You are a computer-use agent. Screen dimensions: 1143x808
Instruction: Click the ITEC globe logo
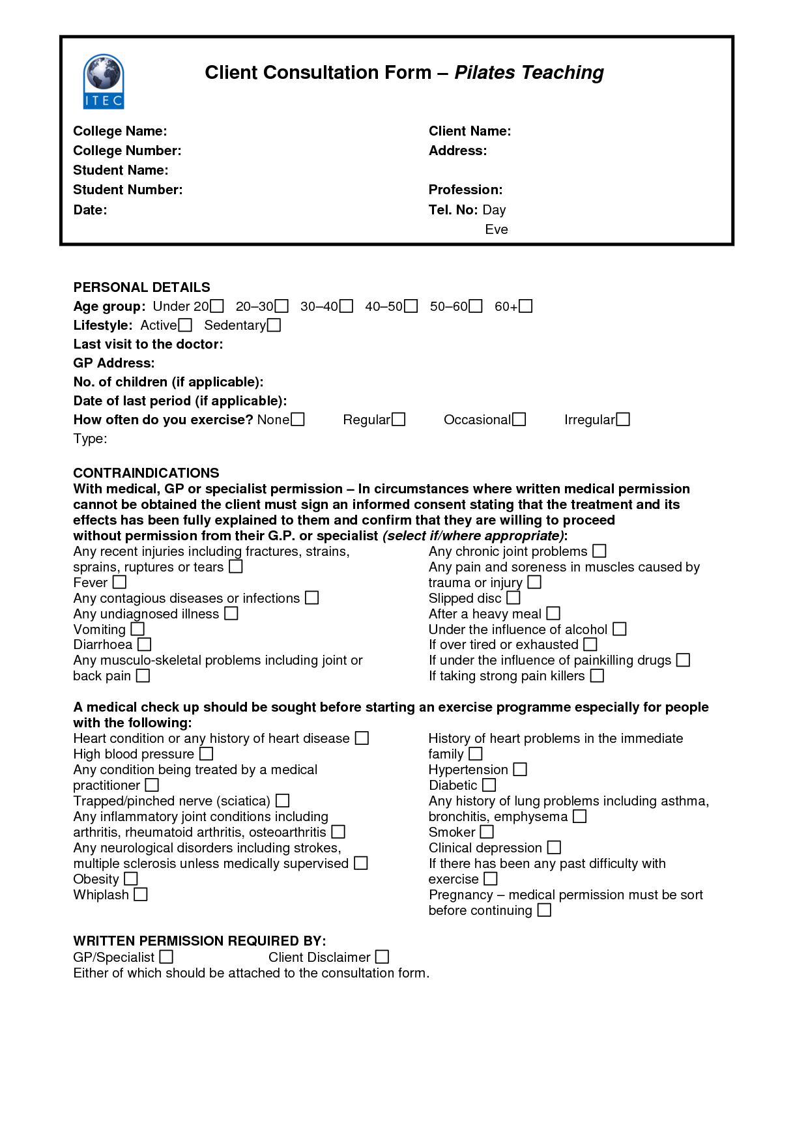[104, 81]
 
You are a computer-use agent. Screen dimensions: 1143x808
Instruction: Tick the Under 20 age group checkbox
[217, 306]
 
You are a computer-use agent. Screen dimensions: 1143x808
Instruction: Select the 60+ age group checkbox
[526, 306]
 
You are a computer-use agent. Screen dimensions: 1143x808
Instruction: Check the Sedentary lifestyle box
[274, 325]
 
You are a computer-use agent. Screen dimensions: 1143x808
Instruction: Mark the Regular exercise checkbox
[399, 420]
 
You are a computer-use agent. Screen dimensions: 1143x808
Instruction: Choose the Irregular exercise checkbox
[624, 420]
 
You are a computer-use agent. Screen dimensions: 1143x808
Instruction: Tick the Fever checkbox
[120, 582]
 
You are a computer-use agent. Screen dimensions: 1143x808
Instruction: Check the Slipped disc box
[513, 598]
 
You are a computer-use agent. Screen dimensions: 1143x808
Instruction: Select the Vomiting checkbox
[137, 629]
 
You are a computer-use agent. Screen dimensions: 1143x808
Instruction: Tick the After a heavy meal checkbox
[553, 613]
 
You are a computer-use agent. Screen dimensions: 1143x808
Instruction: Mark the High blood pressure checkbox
[207, 754]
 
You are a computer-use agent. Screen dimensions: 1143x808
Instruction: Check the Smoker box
[487, 832]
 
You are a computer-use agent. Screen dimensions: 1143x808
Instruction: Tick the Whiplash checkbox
[141, 895]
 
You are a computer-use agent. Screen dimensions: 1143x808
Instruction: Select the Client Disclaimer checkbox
[382, 957]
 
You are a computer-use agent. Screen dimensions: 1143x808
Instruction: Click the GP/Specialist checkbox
[167, 957]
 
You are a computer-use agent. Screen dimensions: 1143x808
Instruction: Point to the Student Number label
[128, 190]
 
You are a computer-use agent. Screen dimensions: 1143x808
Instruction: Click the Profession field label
[465, 190]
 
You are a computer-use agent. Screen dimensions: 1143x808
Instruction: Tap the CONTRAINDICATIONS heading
[146, 473]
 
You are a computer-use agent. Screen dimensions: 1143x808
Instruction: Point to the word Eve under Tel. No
[497, 229]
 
